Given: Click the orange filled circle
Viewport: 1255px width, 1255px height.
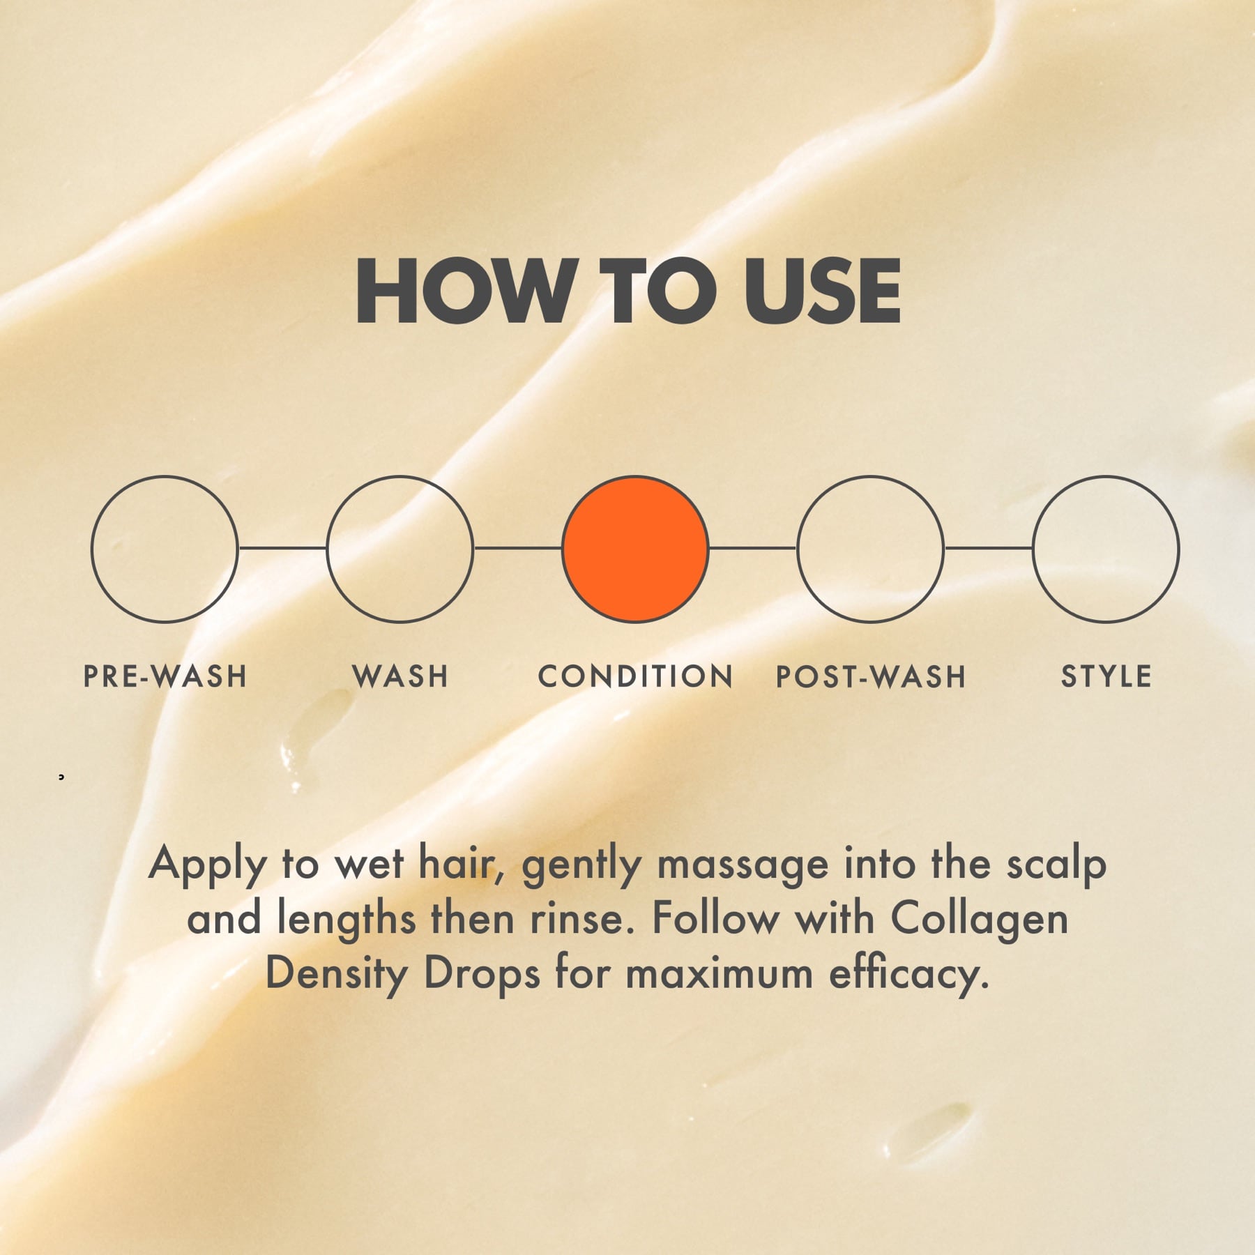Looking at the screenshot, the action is (635, 549).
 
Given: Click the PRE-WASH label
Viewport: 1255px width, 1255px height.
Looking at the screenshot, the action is (165, 676).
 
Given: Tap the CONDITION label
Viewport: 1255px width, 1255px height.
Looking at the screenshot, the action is (635, 676).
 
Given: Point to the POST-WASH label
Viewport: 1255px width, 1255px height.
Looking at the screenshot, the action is (871, 676).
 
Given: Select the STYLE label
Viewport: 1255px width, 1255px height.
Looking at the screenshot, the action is (1106, 676).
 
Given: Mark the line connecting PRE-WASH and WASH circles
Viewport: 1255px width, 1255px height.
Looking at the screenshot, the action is (282, 549).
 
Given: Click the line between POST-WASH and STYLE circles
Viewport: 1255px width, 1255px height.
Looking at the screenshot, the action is (989, 549).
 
